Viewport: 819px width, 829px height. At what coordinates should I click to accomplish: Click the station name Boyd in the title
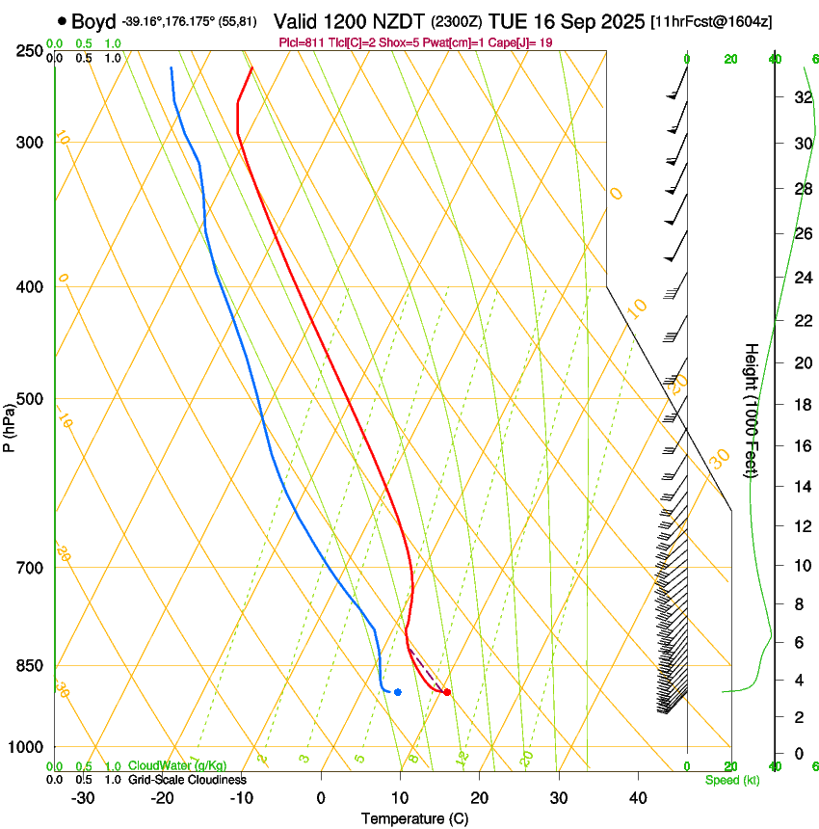click(93, 21)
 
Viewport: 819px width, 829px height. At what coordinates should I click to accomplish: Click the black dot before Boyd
click(63, 21)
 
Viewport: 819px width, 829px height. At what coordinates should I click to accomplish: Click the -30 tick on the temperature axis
click(83, 797)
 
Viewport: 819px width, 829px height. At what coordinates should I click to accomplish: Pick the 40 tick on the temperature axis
click(637, 797)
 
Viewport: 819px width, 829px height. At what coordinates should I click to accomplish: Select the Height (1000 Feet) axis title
click(752, 410)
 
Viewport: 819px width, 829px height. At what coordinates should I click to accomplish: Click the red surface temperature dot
click(447, 692)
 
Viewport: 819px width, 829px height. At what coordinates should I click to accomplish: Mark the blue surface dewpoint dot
click(397, 692)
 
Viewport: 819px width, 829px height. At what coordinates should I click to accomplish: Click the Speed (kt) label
click(732, 780)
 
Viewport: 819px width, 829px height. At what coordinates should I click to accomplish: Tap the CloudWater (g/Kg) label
click(177, 765)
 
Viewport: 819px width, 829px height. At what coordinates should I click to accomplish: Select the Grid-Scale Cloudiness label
click(187, 780)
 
